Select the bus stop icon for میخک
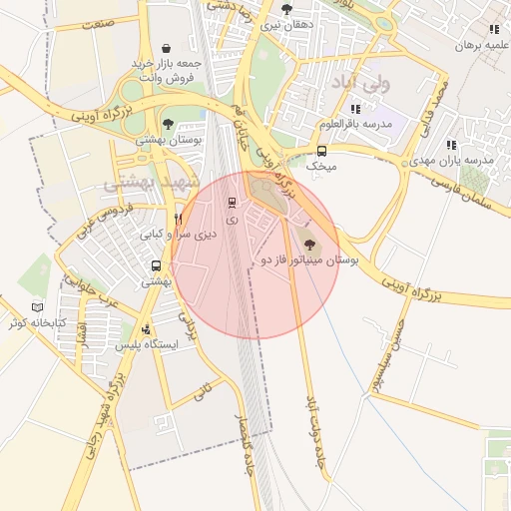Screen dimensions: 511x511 [x=321, y=152]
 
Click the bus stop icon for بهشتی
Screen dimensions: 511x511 [x=156, y=265]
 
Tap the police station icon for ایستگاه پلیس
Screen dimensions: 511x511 [x=147, y=328]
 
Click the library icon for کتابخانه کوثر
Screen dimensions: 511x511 [x=37, y=307]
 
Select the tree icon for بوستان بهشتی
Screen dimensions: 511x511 [x=167, y=124]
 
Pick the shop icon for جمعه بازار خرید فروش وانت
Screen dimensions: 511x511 [x=164, y=47]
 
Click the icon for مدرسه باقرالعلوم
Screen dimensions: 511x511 [x=355, y=108]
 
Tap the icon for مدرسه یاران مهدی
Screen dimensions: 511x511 [x=451, y=145]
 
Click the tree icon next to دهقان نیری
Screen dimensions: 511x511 [x=287, y=9]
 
